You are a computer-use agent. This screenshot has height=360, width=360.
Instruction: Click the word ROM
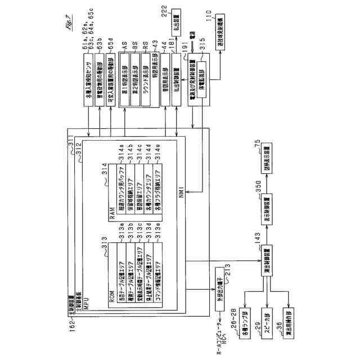coord(112,299)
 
